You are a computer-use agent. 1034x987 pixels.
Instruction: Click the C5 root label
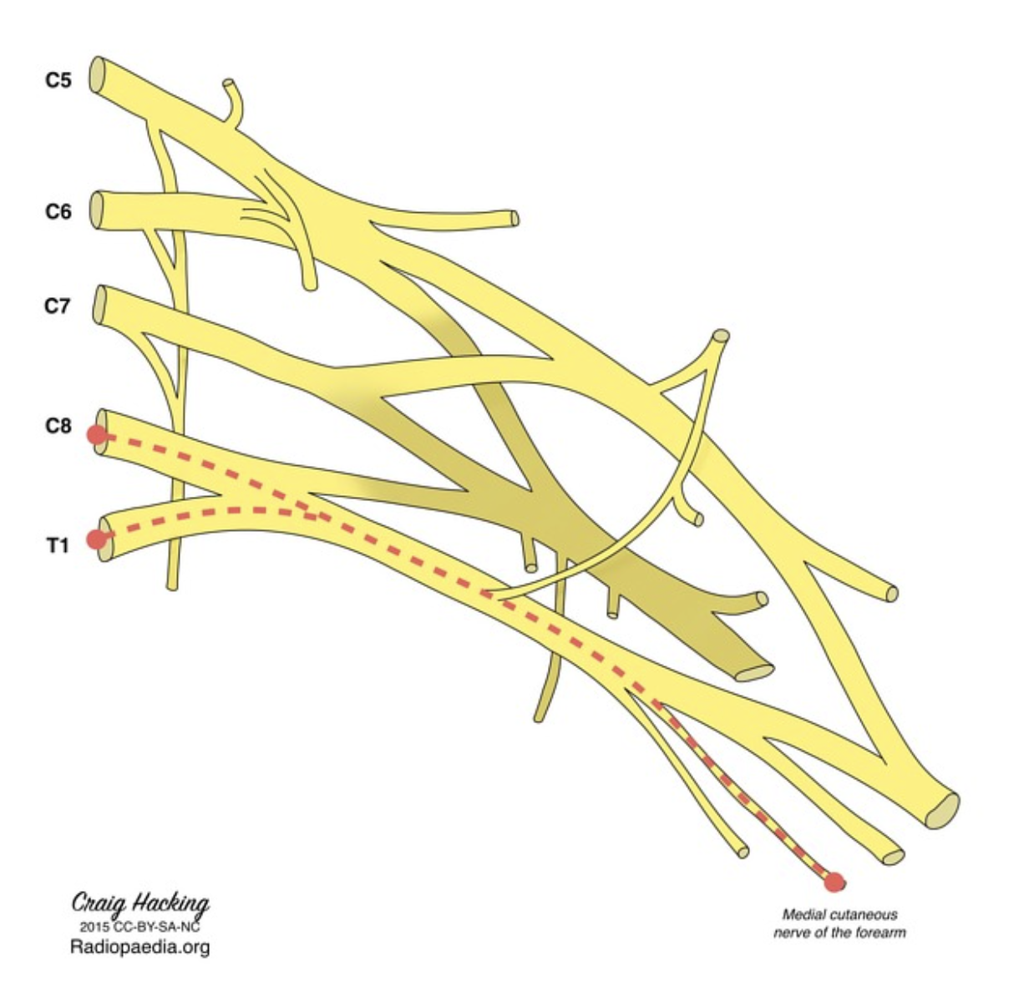point(58,81)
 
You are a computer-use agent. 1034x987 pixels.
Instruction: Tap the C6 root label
point(58,212)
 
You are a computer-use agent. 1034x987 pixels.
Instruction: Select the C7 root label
point(57,306)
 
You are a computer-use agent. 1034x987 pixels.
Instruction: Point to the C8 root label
point(58,427)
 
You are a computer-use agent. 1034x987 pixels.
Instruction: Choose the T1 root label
point(57,546)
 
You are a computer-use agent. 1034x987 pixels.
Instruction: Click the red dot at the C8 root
point(96,435)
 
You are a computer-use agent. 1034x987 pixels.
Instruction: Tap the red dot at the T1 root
point(97,539)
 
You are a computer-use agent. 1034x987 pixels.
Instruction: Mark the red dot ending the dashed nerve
point(834,881)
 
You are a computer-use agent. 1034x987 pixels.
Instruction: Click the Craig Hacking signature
point(139,903)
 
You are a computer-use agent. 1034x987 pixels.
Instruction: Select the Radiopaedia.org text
point(139,947)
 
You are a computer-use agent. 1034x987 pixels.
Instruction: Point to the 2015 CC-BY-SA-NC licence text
point(139,926)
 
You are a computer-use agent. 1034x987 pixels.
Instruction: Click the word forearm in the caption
point(880,932)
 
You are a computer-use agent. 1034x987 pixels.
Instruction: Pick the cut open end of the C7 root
point(99,306)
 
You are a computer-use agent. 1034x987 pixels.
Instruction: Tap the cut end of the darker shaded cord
point(755,671)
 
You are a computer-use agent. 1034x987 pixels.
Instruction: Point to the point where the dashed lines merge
point(313,514)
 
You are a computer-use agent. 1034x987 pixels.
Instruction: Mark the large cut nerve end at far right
point(944,809)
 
